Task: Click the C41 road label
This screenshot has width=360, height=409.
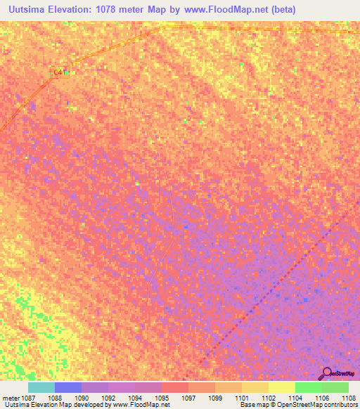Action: point(58,72)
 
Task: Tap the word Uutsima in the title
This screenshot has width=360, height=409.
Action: point(30,10)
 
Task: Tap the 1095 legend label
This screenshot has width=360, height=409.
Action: point(161,397)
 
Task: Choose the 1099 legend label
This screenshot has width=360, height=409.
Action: point(215,397)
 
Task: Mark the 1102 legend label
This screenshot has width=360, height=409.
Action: point(268,397)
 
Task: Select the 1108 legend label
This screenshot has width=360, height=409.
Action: point(348,397)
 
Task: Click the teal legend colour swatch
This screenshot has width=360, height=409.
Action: point(41,387)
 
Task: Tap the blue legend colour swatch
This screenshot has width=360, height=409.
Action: point(68,387)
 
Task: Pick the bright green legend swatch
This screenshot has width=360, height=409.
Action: point(309,387)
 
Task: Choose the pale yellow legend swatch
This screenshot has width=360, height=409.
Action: point(282,387)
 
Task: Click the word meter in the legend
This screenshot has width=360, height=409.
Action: point(11,397)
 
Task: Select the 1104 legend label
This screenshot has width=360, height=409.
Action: point(295,397)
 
